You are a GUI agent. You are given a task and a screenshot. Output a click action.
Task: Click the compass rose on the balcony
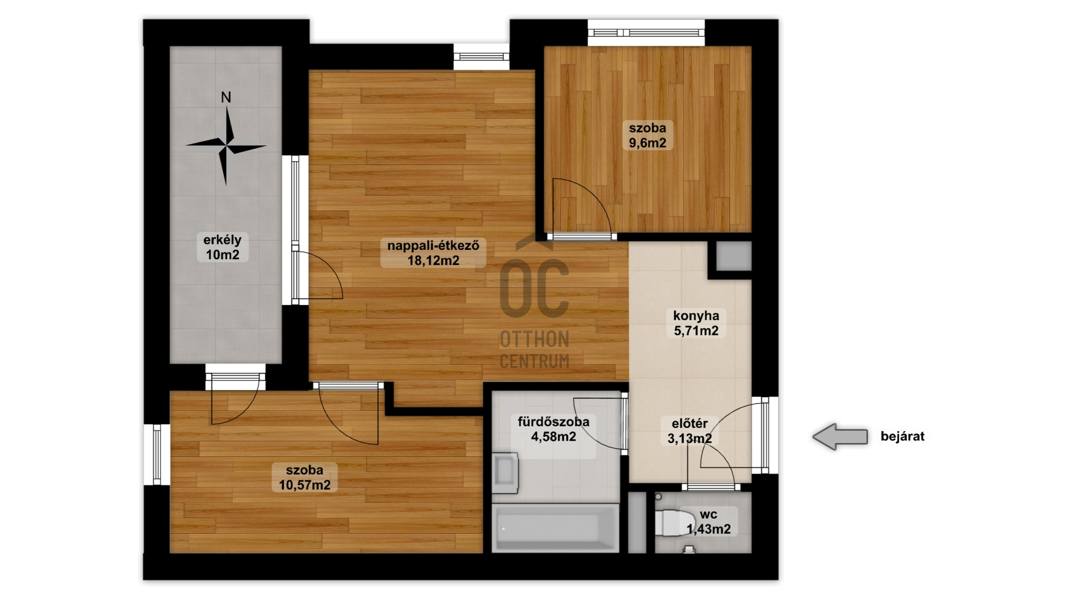click(226, 146)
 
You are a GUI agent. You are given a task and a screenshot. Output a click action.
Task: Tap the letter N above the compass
click(225, 97)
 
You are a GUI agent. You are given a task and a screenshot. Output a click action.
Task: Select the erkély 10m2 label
click(222, 247)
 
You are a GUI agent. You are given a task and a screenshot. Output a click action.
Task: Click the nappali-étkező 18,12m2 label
click(433, 253)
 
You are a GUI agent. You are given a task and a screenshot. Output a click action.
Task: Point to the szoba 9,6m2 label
click(648, 135)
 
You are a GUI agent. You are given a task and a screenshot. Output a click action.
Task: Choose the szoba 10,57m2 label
click(305, 477)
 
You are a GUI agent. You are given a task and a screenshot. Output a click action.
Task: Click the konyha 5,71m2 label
click(696, 323)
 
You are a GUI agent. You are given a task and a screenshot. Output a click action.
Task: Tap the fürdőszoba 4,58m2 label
click(553, 429)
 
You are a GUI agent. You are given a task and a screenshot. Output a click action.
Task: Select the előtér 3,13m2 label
click(690, 431)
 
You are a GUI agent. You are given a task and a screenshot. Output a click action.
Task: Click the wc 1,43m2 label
click(708, 522)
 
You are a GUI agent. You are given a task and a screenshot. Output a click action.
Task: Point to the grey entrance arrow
click(840, 436)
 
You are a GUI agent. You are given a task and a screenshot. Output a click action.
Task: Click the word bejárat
click(903, 436)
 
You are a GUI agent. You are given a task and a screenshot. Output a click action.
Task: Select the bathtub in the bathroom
click(555, 528)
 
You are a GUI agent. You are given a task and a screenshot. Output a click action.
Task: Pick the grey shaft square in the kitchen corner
click(733, 256)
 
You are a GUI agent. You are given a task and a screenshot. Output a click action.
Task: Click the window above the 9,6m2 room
click(646, 33)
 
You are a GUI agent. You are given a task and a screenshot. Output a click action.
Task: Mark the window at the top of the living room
click(482, 57)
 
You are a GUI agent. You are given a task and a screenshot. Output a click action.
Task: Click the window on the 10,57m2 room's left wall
click(157, 455)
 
